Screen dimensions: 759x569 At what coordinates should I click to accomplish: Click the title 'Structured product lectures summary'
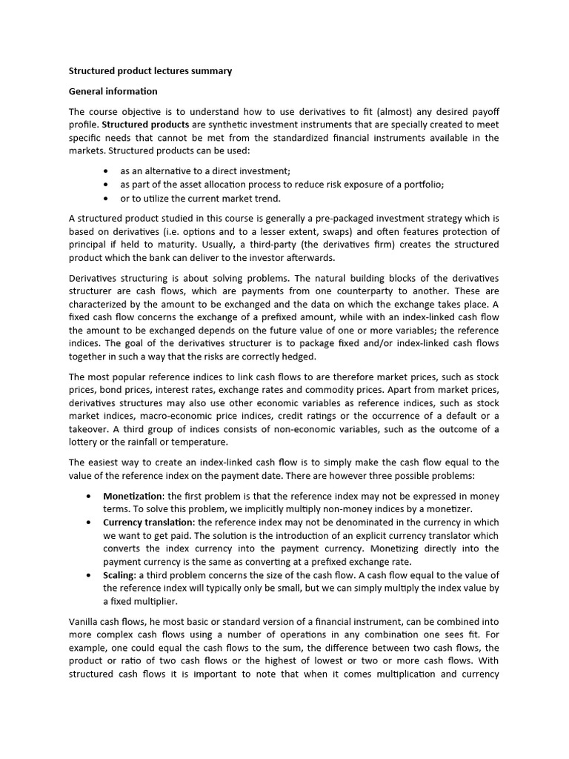(x=150, y=71)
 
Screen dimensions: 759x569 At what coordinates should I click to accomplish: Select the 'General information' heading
(x=113, y=91)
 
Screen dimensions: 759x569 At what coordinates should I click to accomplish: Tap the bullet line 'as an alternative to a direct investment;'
(x=195, y=170)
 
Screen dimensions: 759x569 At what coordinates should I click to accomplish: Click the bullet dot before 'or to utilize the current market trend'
(x=107, y=198)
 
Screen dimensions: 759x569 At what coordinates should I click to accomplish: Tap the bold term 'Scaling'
(x=119, y=575)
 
